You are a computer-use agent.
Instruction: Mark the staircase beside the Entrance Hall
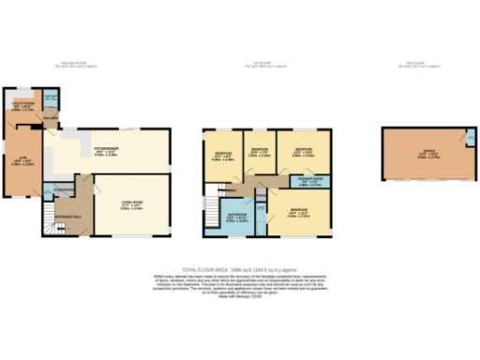point(51,221)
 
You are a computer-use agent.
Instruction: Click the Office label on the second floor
point(427,154)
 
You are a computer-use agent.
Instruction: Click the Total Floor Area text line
point(240,268)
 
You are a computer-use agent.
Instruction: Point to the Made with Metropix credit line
point(240,294)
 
